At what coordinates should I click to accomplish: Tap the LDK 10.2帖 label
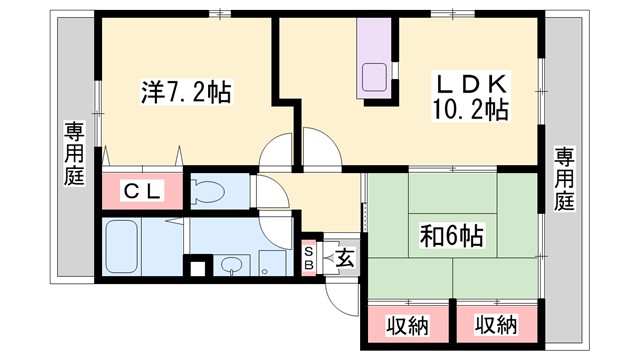[x=471, y=96]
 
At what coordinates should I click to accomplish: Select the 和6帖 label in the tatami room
[x=451, y=236]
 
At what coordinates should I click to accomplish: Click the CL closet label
[x=143, y=190]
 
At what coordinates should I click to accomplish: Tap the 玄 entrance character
[x=343, y=257]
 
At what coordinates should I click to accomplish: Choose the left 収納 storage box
[x=406, y=325]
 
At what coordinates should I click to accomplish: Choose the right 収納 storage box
[x=495, y=325]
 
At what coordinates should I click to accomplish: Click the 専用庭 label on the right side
[x=565, y=179]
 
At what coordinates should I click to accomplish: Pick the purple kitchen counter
[x=378, y=60]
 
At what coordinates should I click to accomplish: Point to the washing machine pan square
[x=272, y=263]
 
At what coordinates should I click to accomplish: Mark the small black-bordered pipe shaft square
[x=197, y=267]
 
